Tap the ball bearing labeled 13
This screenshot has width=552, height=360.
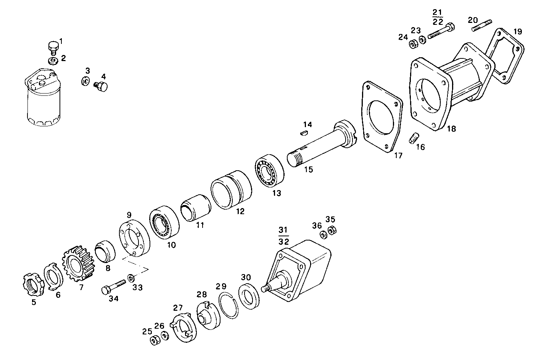coord(269,170)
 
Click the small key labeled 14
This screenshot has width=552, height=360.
coord(304,133)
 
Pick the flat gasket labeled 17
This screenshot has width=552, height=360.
coord(382,117)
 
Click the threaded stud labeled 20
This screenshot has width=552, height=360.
coord(481,26)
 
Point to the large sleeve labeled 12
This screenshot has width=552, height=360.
coord(231,190)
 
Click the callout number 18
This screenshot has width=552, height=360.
coord(451,129)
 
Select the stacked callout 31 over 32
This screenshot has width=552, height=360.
coord(283,236)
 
